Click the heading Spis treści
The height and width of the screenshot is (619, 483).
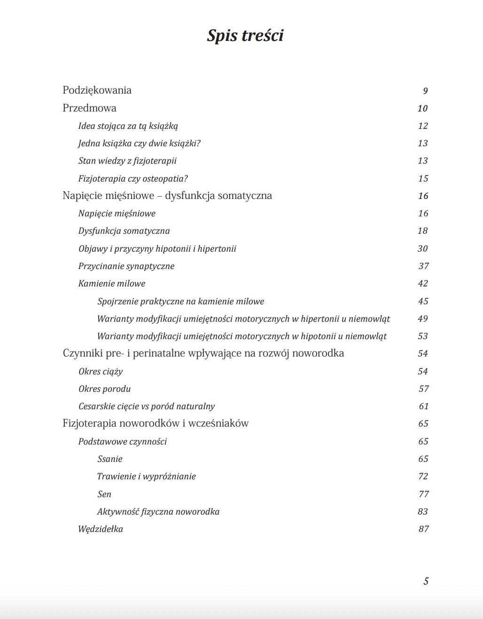coord(245,36)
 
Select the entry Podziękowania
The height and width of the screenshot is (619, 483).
coord(97,90)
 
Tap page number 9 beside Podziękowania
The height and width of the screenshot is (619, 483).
coord(425,91)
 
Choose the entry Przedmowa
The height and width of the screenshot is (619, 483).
coord(89,108)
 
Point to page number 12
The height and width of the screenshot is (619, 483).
coord(423,126)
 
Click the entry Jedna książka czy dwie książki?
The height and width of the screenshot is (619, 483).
coord(139,143)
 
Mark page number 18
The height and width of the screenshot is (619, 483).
coord(422,231)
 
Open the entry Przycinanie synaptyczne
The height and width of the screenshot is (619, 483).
coord(126,266)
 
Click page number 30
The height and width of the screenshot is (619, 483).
coord(422,249)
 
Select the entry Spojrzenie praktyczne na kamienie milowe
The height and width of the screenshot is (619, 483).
coord(180,302)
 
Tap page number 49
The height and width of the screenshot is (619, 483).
coord(422,319)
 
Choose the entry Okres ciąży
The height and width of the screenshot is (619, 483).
coord(101,372)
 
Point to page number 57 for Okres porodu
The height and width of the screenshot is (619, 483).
coord(423,389)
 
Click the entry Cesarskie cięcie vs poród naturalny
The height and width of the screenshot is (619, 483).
coord(146,406)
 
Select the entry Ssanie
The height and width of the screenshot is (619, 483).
coord(110,459)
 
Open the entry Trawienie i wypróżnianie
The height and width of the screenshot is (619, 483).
coord(146,476)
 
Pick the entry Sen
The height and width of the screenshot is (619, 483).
coord(104,494)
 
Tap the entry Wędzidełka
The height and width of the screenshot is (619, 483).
coord(101,529)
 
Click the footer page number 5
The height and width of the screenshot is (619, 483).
coord(426,581)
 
